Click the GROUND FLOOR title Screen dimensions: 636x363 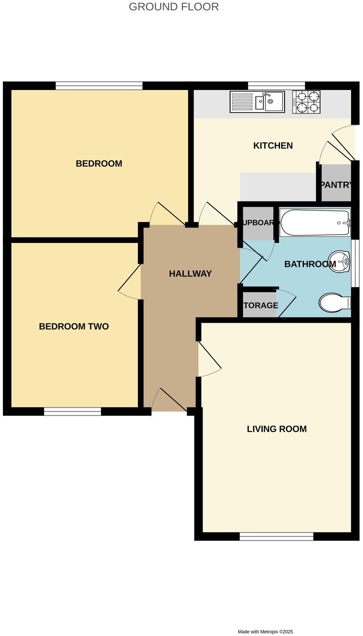174,7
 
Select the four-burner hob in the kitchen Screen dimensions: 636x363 306,102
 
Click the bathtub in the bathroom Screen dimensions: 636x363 315,222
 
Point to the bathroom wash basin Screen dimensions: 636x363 339,261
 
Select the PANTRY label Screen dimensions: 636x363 336,184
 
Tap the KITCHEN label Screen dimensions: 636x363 273,146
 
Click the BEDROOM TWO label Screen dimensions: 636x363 74,326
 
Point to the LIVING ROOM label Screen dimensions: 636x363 277,429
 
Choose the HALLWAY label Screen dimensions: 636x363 190,274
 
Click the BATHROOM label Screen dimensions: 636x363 310,264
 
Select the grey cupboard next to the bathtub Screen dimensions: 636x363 258,223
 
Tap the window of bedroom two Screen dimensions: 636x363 73,411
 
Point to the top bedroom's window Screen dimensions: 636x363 99,86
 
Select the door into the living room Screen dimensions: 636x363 209,359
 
